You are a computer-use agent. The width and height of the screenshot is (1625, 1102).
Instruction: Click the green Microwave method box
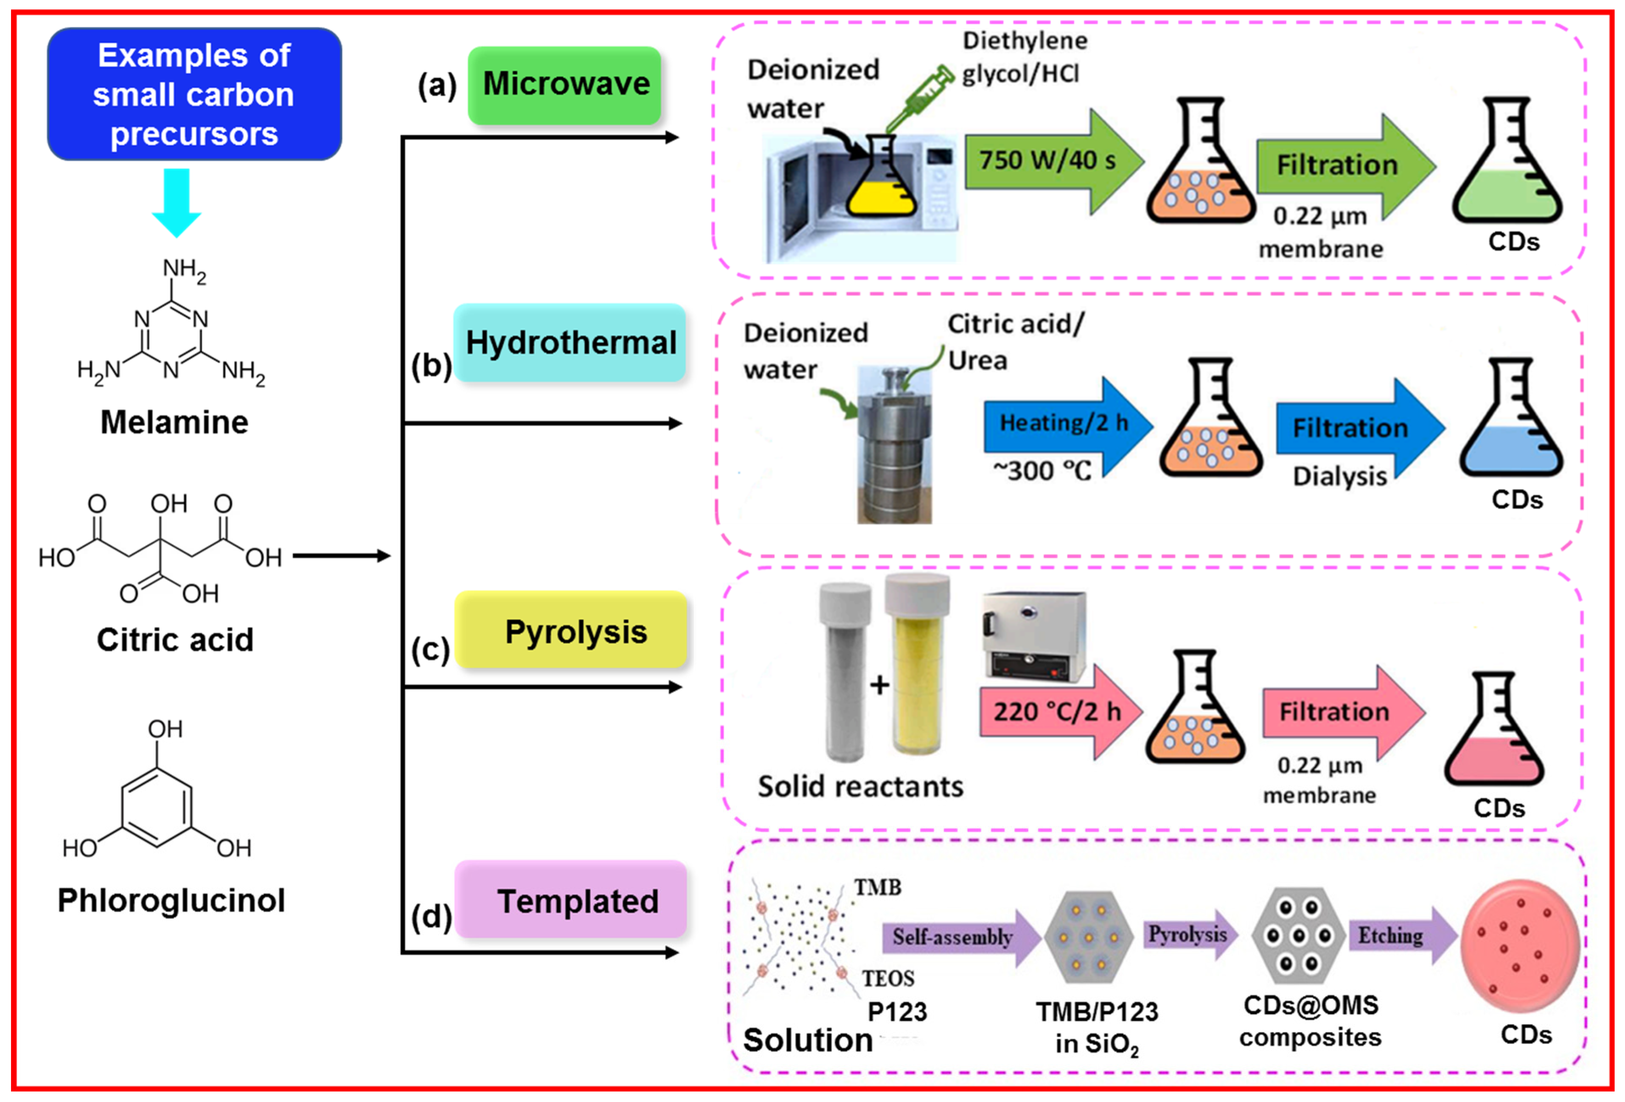click(564, 85)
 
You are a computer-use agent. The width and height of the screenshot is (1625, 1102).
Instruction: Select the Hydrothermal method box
click(570, 342)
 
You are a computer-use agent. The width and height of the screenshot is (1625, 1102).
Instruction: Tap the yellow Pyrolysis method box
click(570, 629)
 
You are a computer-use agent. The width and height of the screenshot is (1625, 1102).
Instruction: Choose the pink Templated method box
click(570, 899)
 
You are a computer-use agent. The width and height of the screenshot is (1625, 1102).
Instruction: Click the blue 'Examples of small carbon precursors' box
click(194, 94)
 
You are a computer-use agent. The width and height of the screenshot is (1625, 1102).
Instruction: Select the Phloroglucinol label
click(171, 900)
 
